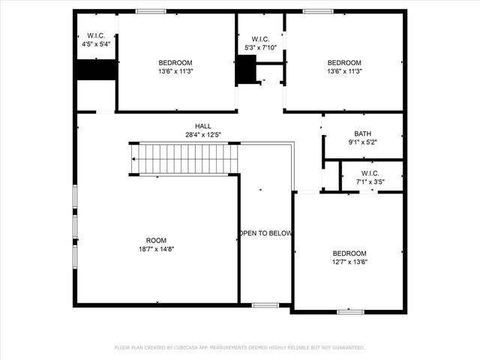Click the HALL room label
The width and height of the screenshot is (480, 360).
click(203, 126)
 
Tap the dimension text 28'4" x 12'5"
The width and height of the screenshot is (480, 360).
click(203, 135)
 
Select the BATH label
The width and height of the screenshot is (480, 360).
click(363, 133)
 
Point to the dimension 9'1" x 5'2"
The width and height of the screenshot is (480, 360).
click(363, 142)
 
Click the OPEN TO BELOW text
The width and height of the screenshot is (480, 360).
click(265, 233)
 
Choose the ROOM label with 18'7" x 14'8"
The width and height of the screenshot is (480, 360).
click(157, 240)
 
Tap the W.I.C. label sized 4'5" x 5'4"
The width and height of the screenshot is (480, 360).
click(96, 35)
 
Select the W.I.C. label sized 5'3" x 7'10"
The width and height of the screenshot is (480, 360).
click(261, 39)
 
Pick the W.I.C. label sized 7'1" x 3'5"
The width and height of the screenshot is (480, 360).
click(370, 172)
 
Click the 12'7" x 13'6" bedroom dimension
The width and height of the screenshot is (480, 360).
click(349, 262)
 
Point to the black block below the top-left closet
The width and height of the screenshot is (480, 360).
click(96, 69)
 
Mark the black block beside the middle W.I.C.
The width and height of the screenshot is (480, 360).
click(245, 70)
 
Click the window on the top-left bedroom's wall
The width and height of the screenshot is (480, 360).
click(151, 11)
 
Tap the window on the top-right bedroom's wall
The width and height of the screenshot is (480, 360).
click(318, 11)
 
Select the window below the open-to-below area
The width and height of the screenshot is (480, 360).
click(265, 304)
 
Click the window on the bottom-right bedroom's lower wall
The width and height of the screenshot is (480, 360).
click(349, 311)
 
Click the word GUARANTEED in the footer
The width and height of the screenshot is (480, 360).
click(349, 347)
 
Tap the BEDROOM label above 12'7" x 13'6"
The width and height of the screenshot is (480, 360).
click(349, 253)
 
